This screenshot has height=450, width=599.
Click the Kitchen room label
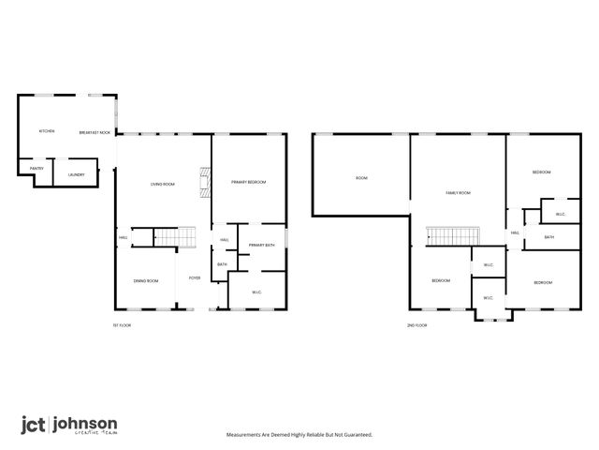pyautogui.click(x=47, y=131)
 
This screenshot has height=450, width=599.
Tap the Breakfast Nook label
pyautogui.click(x=95, y=132)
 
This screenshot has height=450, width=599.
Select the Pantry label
pyautogui.click(x=37, y=168)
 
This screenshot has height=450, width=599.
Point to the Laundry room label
pyautogui.click(x=77, y=174)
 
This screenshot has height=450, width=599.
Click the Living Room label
pyautogui.click(x=163, y=184)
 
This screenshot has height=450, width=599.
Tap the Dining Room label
pyautogui.click(x=145, y=281)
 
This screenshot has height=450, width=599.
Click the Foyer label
pyautogui.click(x=195, y=277)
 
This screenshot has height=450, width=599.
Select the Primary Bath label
pyautogui.click(x=262, y=245)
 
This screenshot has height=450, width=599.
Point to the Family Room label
pyautogui.click(x=458, y=192)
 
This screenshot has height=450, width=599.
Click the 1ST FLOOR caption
pyautogui.click(x=122, y=325)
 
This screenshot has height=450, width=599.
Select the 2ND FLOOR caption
pyautogui.click(x=416, y=325)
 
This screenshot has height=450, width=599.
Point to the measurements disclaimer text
pyautogui.click(x=299, y=435)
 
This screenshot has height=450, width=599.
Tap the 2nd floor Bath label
pyautogui.click(x=549, y=237)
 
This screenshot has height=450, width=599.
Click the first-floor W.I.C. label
pyautogui.click(x=256, y=292)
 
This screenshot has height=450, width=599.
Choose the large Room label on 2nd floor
pyautogui.click(x=361, y=177)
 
